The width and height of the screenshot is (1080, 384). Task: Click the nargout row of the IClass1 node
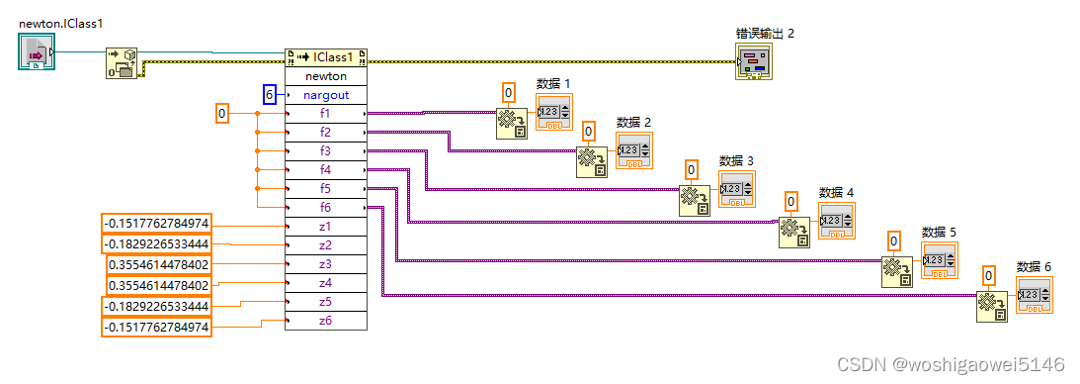[325, 95]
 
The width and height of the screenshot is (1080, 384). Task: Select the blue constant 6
[269, 95]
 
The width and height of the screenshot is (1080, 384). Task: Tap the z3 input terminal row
[325, 264]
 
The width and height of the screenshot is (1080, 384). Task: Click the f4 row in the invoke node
[325, 170]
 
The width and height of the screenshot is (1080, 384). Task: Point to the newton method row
[325, 76]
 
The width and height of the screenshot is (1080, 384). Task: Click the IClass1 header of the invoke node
[325, 57]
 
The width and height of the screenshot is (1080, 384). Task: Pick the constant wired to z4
[158, 285]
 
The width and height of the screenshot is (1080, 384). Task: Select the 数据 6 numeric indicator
[1034, 296]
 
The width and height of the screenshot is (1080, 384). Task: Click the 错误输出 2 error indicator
[753, 63]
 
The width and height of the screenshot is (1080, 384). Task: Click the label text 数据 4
[836, 192]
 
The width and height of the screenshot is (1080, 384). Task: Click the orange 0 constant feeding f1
[222, 115]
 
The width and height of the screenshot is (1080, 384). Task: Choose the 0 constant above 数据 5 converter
[893, 240]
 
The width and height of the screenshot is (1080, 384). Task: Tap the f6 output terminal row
[325, 208]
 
